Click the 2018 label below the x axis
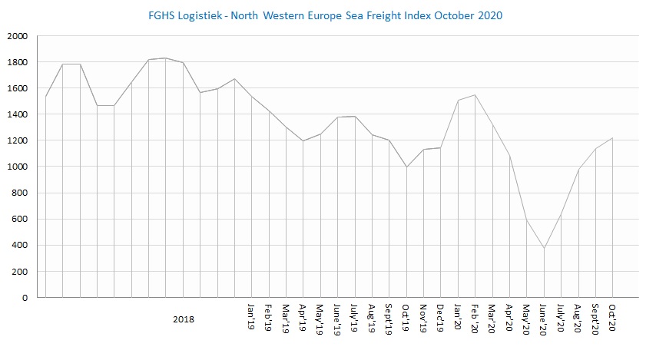point(184,319)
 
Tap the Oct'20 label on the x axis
point(613,316)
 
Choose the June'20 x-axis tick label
point(544,319)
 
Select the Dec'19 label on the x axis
point(441,316)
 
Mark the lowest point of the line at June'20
point(544,248)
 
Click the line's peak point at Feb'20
point(475,95)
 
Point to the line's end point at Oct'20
point(613,138)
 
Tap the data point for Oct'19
point(406,167)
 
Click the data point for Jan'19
point(252,96)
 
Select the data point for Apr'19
point(303,140)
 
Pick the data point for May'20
point(527,221)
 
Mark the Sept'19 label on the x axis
point(389,319)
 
